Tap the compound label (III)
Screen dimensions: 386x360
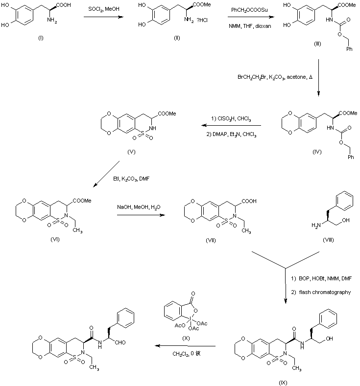click(x=317, y=44)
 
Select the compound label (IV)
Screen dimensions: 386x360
click(x=317, y=152)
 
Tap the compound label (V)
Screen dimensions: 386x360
click(x=131, y=152)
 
